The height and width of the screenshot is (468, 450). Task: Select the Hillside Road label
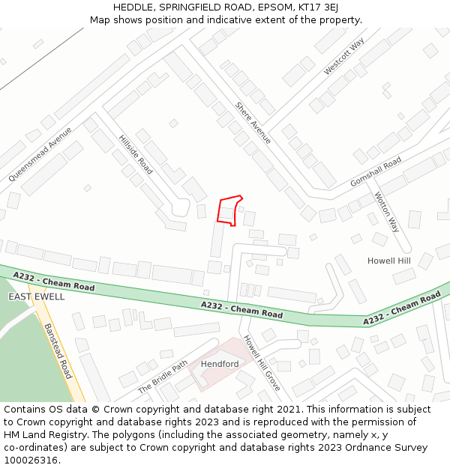135,154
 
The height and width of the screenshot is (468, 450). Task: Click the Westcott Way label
343,57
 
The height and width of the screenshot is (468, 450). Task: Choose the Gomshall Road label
376,172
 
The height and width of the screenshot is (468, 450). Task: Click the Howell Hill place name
388,261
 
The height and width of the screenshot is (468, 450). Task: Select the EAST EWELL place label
37,297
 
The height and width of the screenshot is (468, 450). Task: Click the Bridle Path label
163,378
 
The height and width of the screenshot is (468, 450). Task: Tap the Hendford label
220,364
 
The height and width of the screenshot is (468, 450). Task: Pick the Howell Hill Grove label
261,362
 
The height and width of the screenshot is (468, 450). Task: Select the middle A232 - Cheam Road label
241,309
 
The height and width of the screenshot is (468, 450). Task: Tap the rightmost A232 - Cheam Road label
402,309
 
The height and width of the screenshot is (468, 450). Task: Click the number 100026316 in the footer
31,461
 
